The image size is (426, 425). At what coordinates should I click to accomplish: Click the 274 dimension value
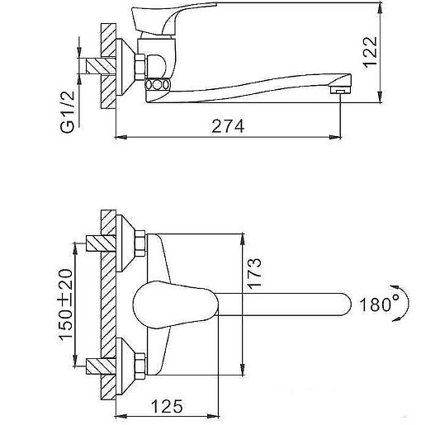(228, 126)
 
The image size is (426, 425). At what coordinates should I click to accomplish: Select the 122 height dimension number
(370, 52)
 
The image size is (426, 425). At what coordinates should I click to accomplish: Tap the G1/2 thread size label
(68, 111)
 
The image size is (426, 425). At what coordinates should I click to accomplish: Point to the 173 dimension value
(254, 273)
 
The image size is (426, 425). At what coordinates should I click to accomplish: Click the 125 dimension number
(167, 406)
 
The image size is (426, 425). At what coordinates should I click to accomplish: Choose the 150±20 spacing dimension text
(66, 305)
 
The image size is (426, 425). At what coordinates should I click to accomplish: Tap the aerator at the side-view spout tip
(341, 90)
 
